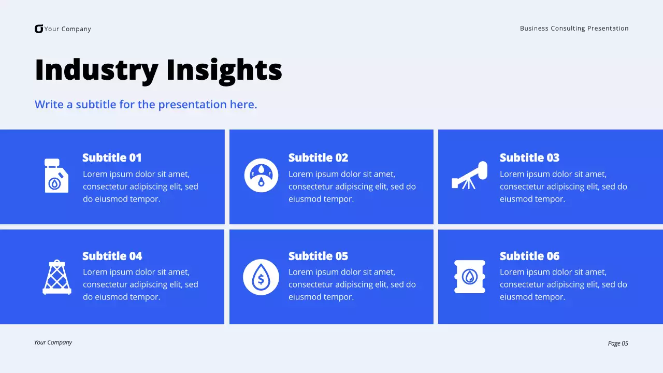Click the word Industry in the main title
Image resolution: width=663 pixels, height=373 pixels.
(96, 70)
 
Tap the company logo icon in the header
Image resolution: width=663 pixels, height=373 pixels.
(39, 29)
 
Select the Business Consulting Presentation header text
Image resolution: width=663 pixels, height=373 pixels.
(574, 28)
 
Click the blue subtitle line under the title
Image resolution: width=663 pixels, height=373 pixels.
(146, 105)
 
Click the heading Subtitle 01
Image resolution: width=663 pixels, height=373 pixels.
(112, 157)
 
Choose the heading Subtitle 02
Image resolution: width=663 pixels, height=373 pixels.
(318, 157)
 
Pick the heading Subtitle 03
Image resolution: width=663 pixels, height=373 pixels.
(529, 157)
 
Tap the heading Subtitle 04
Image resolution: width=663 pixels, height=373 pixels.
(112, 256)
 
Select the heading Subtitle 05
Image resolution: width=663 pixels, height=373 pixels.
(318, 256)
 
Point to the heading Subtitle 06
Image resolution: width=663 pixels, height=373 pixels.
(529, 256)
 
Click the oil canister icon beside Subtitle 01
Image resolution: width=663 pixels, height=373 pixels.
(56, 176)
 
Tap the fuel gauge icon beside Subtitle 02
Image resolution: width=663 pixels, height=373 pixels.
(261, 175)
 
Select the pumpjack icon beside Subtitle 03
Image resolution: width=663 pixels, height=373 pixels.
(470, 175)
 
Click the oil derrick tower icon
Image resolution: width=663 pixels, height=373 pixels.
(57, 277)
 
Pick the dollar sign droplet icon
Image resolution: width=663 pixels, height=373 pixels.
(261, 277)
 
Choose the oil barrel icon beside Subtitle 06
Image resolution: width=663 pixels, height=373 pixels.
(470, 277)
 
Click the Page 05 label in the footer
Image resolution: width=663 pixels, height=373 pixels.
(617, 343)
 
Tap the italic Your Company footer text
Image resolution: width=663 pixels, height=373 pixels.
(53, 342)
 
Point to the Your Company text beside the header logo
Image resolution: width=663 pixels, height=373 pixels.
(67, 29)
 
